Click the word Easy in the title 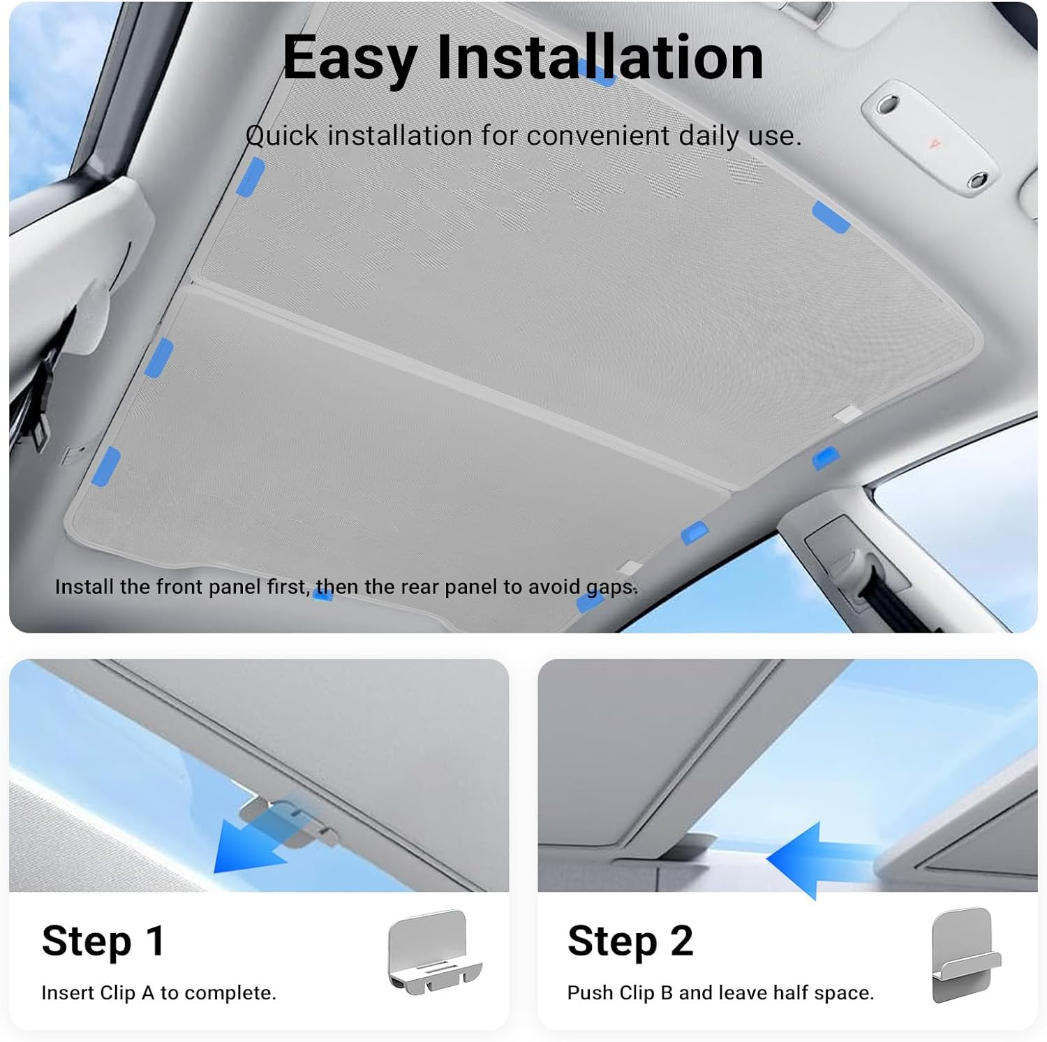pos(349,58)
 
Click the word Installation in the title pos(600,58)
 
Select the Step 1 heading pos(103,941)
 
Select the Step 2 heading pos(630,941)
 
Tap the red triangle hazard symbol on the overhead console pos(934,144)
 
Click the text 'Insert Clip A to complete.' pos(158,993)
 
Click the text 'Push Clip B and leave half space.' pos(720,993)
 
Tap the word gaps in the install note pos(611,587)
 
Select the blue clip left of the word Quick pos(250,176)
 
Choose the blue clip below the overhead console pos(831,217)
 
